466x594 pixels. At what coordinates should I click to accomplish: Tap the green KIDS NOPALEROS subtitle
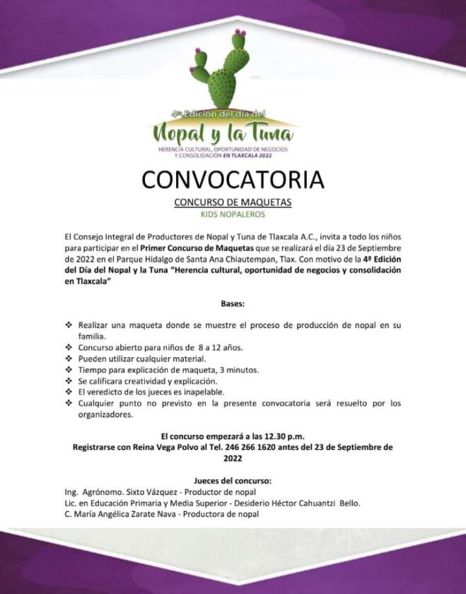point(233,213)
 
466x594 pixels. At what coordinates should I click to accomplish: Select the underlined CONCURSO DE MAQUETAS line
point(233,202)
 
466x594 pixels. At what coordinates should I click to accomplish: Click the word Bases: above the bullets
point(233,303)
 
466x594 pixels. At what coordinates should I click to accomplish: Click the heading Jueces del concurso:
point(233,481)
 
